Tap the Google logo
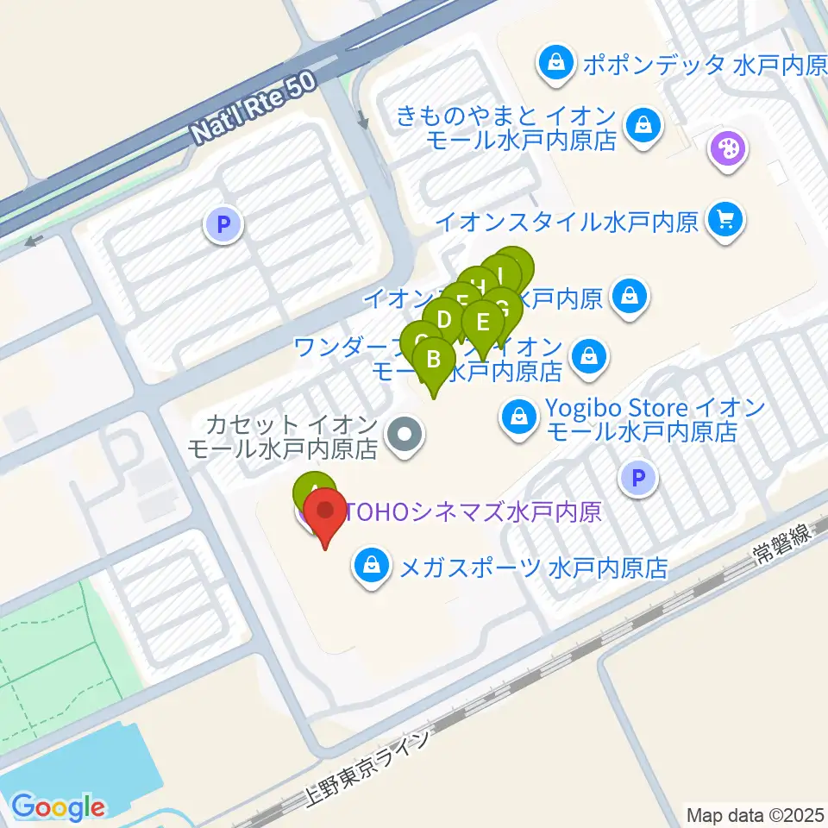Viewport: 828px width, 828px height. click(58, 806)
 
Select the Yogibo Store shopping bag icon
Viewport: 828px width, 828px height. click(519, 418)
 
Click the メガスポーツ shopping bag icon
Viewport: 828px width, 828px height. click(371, 568)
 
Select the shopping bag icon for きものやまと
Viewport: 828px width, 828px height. click(643, 126)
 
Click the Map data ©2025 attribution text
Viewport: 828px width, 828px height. click(756, 813)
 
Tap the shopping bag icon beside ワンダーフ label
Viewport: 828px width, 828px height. click(588, 354)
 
